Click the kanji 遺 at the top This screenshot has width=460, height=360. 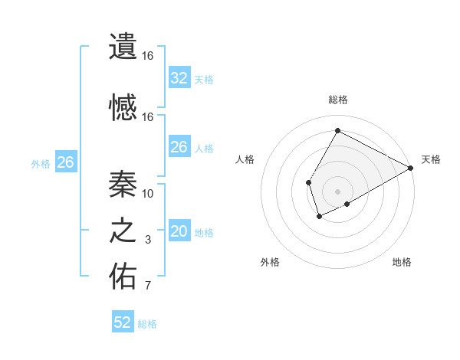(123, 46)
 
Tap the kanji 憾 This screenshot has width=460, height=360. (123, 106)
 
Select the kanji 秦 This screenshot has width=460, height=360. (123, 183)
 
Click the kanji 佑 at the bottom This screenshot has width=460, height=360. (123, 277)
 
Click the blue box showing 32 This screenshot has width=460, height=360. (179, 78)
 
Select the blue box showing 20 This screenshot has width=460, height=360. (179, 232)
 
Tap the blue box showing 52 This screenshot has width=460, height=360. (123, 322)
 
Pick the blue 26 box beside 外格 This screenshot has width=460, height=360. (65, 162)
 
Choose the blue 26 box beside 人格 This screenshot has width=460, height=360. (179, 147)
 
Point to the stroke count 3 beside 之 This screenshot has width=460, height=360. (148, 241)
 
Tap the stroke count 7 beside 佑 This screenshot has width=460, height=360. (148, 286)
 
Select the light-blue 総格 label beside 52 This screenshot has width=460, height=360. (147, 324)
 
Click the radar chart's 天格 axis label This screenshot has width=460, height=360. (431, 159)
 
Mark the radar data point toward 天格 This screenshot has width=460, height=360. (410, 168)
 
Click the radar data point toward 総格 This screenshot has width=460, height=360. (337, 131)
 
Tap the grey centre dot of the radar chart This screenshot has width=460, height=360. (337, 191)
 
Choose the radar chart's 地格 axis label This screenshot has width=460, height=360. (402, 262)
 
